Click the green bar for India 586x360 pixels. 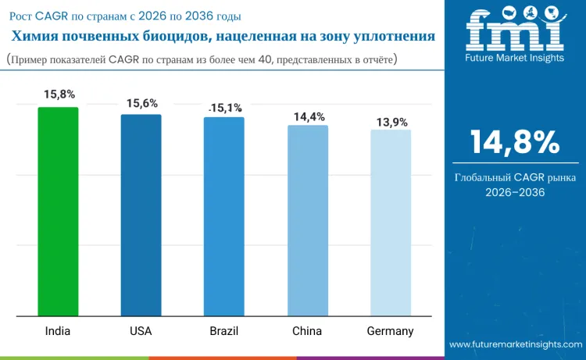tap(58, 212)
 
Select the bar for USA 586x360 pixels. tap(141, 216)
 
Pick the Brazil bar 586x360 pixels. tap(223, 217)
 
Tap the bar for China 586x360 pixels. tap(307, 221)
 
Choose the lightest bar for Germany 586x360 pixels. tap(390, 223)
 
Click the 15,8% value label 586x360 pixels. tap(59, 94)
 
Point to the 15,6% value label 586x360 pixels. tap(141, 102)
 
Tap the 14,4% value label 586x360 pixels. tap(309, 116)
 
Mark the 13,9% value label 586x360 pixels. tap(391, 123)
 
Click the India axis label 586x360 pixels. tap(57, 331)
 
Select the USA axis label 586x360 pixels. tap(141, 331)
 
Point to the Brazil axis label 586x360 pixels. tap(223, 331)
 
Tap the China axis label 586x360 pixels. tap(307, 331)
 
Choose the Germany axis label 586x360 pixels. tap(390, 331)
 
